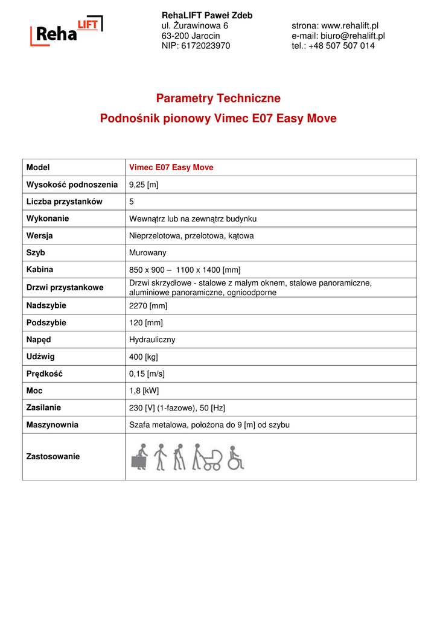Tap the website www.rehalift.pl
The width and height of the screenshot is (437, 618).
tap(349, 25)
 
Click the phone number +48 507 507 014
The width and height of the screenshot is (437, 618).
tap(341, 46)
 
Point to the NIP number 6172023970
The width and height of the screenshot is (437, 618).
tap(205, 46)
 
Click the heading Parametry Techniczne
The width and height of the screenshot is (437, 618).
tap(218, 98)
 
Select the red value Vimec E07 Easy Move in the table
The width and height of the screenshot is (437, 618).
tap(171, 168)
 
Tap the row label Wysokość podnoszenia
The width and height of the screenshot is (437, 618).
tap(72, 185)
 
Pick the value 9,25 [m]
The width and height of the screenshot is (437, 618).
tap(144, 185)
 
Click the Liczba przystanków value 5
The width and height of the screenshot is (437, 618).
tap(132, 202)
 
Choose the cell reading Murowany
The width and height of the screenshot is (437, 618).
tap(148, 253)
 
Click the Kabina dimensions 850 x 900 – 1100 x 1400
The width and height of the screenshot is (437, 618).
tap(185, 270)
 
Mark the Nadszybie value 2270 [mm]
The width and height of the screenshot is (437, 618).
tap(148, 306)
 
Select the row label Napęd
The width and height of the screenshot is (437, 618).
tap(39, 339)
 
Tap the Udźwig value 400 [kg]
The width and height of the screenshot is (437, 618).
tap(144, 357)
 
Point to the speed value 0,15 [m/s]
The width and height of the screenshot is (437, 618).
tap(147, 374)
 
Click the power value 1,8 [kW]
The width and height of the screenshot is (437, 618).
tap(144, 390)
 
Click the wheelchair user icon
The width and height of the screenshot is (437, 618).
tap(235, 458)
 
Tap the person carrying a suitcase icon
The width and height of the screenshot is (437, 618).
tap(139, 458)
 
